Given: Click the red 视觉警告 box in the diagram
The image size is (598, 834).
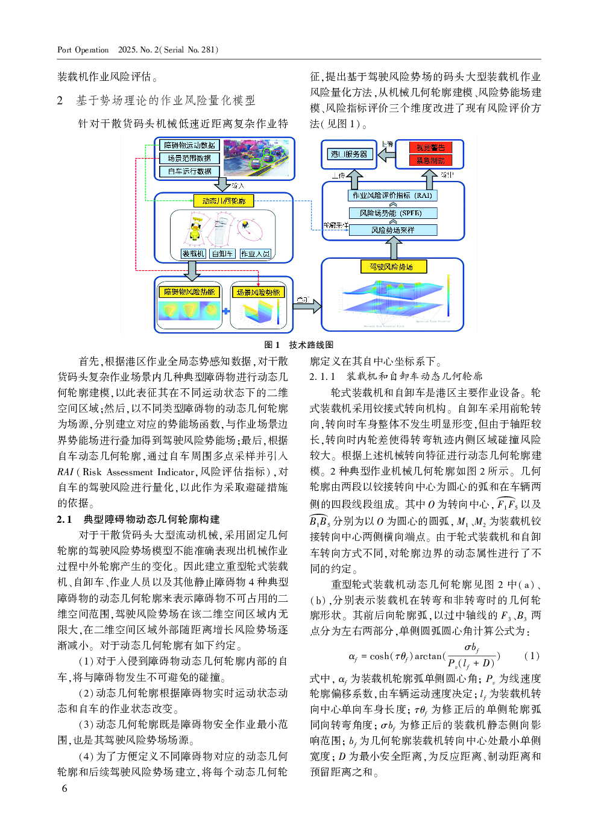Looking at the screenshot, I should (x=430, y=147).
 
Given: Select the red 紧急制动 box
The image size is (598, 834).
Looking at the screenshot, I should (x=430, y=160).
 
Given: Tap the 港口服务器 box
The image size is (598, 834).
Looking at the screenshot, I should (x=348, y=154).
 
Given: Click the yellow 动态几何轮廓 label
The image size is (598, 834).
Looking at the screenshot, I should (x=224, y=201).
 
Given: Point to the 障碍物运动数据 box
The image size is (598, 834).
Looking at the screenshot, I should (x=189, y=145).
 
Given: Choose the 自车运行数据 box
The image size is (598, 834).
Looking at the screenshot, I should (x=189, y=171).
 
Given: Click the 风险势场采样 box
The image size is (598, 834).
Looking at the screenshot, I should (x=393, y=230).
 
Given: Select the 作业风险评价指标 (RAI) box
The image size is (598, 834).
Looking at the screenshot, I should (x=392, y=195).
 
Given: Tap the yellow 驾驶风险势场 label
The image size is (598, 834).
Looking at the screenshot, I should (x=393, y=267).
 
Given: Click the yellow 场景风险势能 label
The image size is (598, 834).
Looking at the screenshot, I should (x=258, y=292).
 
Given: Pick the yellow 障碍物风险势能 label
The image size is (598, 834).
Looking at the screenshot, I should (x=189, y=292).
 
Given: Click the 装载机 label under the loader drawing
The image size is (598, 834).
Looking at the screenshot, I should (x=194, y=254).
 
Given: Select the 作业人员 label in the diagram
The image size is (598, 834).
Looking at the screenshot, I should (x=256, y=254).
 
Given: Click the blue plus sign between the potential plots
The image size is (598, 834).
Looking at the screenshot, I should (x=226, y=311).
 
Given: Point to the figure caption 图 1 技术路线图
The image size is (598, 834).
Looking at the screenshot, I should (x=299, y=345).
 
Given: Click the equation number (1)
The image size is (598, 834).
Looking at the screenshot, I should (x=532, y=656).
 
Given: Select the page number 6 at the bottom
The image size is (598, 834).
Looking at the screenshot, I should (x=65, y=789).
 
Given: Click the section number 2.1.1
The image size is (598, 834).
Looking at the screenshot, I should (x=323, y=376).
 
